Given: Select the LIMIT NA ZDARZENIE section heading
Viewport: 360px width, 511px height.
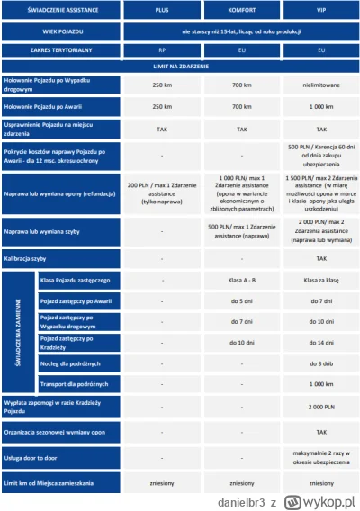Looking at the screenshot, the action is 180,67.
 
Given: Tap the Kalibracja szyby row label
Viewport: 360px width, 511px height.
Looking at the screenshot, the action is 36,257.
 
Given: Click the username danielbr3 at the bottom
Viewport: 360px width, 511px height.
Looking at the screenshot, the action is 231,498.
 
